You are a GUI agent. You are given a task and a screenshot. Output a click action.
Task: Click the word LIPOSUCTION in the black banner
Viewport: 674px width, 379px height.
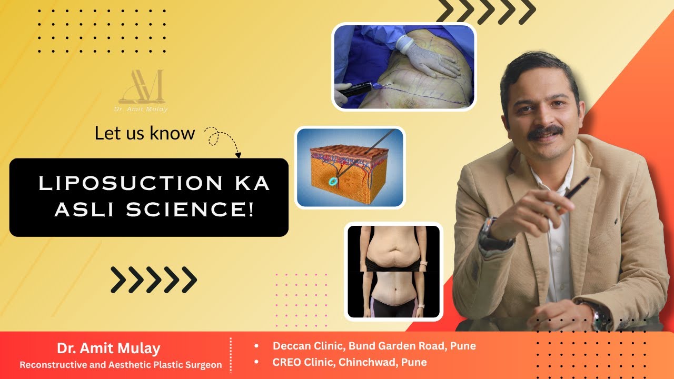tap(131, 183)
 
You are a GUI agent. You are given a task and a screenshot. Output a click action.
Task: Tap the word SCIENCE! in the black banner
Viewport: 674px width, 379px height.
tap(190, 209)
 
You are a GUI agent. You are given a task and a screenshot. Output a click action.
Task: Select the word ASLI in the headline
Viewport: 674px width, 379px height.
tap(85, 209)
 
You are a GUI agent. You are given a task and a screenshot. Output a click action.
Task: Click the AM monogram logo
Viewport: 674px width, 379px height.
tap(142, 86)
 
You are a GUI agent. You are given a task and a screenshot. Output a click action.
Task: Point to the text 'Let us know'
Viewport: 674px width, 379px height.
tap(145, 133)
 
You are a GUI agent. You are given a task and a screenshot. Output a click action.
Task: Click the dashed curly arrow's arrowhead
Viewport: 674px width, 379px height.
tap(238, 155)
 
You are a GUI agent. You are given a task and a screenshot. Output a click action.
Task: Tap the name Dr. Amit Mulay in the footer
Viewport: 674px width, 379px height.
tap(108, 348)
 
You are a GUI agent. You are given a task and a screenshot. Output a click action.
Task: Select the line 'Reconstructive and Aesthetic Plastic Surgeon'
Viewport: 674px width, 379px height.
tap(121, 365)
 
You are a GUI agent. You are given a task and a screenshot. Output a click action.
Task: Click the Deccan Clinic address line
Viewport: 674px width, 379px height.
tap(374, 346)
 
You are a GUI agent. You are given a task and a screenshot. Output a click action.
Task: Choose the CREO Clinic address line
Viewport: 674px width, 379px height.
tap(349, 362)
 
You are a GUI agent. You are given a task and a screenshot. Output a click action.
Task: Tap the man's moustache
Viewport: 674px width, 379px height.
tap(545, 132)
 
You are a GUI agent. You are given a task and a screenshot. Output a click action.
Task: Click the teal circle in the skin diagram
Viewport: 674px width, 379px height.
tap(333, 181)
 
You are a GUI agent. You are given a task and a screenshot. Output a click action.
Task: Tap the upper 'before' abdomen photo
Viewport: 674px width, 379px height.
tap(393, 248)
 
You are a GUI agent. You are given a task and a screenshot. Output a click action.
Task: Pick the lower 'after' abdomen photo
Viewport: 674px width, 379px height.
tap(393, 294)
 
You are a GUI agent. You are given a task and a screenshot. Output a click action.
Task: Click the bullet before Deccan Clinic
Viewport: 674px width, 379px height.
tap(256, 346)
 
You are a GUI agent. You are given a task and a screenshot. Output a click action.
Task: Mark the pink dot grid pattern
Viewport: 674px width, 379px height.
tap(301, 300)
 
